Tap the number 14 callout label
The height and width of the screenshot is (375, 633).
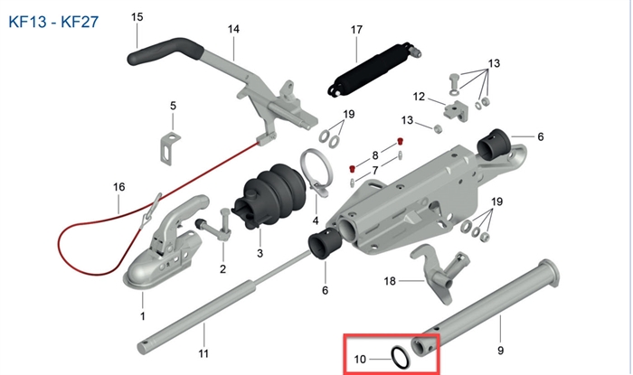pyautogui.click(x=233, y=29)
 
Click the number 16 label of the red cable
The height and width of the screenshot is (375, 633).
pyautogui.click(x=118, y=187)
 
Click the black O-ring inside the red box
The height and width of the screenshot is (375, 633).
pyautogui.click(x=398, y=358)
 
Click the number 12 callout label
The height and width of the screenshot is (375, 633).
pyautogui.click(x=419, y=97)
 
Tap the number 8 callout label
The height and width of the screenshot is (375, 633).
pyautogui.click(x=375, y=155)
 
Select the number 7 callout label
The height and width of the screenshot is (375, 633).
pyautogui.click(x=375, y=171)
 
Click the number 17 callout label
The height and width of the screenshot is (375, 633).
pyautogui.click(x=356, y=29)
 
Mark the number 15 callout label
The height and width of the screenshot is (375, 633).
pyautogui.click(x=137, y=17)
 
